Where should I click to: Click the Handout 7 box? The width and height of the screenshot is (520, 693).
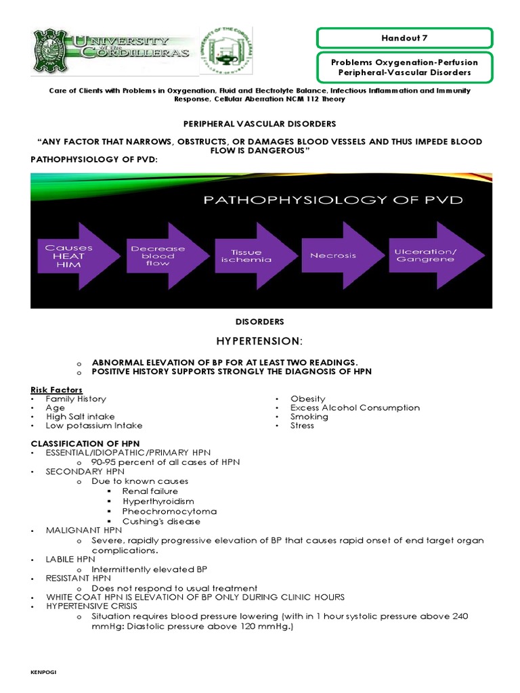coord(405,39)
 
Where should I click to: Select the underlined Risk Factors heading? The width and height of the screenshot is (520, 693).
coord(57,390)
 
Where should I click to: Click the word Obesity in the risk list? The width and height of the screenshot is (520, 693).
coord(307,399)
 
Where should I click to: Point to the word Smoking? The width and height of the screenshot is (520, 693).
coord(309,416)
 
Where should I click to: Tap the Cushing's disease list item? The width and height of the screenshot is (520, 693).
coord(161,521)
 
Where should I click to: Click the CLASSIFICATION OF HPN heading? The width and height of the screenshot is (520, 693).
coord(85,443)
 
